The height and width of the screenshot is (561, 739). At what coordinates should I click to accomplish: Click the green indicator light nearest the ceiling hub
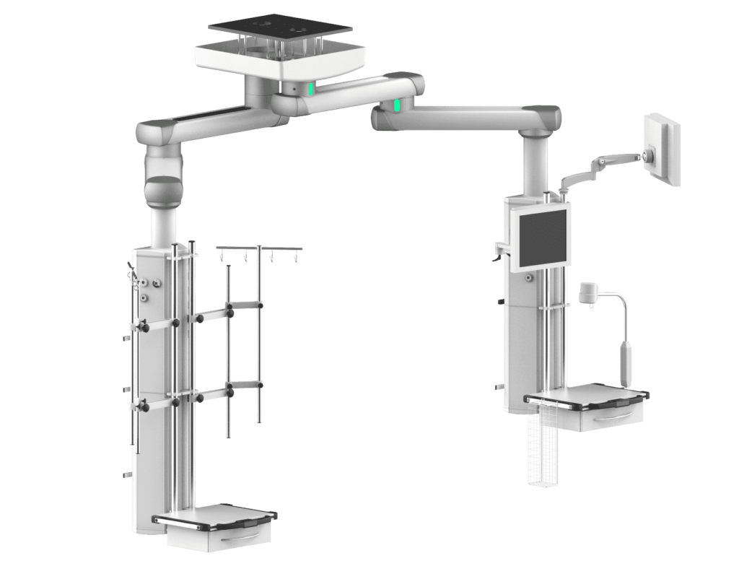tap(311, 90)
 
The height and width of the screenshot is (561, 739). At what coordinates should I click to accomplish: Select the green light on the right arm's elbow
tap(397, 107)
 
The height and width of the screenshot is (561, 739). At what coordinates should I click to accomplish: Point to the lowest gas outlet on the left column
tap(145, 297)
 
